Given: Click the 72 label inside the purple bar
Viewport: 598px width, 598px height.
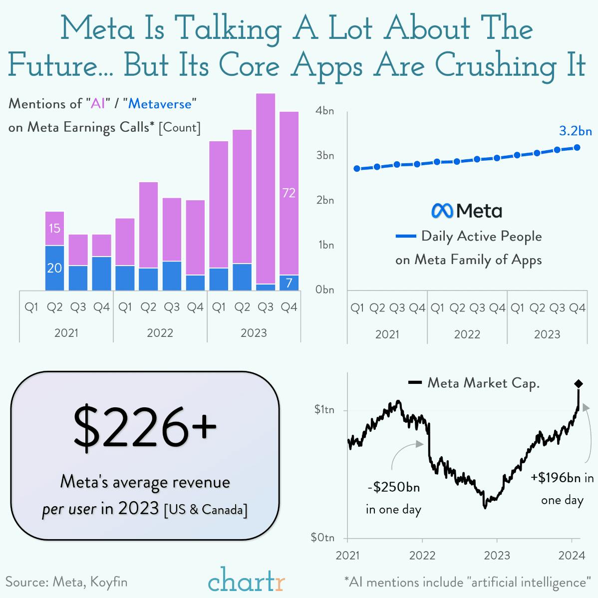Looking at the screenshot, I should (x=289, y=193).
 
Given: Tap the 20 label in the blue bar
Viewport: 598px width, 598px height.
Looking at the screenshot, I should (x=54, y=268).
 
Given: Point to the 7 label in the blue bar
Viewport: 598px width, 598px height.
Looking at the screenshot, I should (x=289, y=283).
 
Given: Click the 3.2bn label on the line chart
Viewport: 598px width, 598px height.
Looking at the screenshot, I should (x=575, y=131).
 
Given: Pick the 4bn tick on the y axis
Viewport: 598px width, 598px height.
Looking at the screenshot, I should (x=324, y=111).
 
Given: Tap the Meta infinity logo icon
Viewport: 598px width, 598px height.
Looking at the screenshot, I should (x=442, y=211).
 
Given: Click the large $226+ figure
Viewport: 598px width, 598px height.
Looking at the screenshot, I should (x=145, y=427).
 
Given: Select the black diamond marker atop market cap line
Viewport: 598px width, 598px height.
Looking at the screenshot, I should (x=578, y=383).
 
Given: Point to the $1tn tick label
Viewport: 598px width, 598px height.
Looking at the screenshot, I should (x=324, y=410).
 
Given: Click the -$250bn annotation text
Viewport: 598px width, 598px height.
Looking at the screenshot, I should (x=393, y=487).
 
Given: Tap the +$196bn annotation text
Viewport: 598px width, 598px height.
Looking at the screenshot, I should (x=562, y=478).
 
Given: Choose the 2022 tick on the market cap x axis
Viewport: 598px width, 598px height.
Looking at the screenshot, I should (x=422, y=555).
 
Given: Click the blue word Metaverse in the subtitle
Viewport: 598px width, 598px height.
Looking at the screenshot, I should (x=160, y=104).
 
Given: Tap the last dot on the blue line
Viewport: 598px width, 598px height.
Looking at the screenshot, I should (x=577, y=147).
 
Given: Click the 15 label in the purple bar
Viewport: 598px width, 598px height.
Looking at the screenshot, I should (x=54, y=228).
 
